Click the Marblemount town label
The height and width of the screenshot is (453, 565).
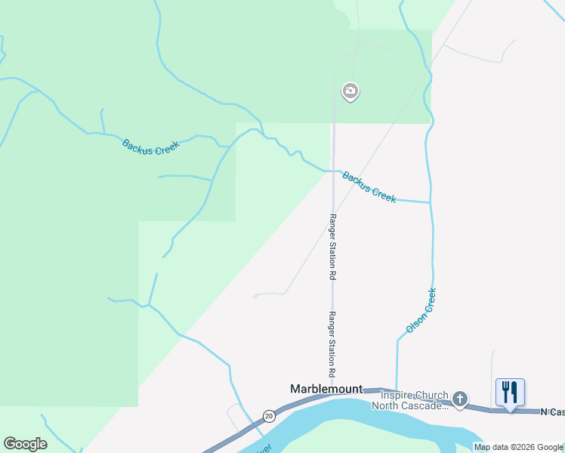pos(326,389)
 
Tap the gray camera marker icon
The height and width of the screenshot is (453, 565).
pos(350,92)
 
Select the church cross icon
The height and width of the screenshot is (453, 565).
pos(460,398)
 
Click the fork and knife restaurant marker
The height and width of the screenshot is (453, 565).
pos(510,392)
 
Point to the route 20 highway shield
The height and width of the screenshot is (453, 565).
pos(269,416)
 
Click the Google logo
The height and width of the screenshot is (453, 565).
pos(25,444)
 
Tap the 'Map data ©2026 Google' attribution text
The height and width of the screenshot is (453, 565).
pos(519,447)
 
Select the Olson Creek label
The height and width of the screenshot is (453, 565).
pos(421,310)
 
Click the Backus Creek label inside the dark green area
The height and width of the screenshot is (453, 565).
pos(150,146)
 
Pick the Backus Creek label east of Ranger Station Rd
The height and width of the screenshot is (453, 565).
pos(369,186)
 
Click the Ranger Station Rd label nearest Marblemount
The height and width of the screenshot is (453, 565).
pos(331,344)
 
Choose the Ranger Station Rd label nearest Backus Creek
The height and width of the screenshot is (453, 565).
pos(331,247)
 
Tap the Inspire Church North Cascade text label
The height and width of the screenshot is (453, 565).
pos(414,400)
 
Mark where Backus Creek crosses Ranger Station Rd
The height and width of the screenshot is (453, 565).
pos(332,171)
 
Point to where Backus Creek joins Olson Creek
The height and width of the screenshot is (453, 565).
pos(430,202)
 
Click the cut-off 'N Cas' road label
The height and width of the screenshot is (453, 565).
pos(552,411)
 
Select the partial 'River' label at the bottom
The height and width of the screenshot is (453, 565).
pos(264,448)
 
